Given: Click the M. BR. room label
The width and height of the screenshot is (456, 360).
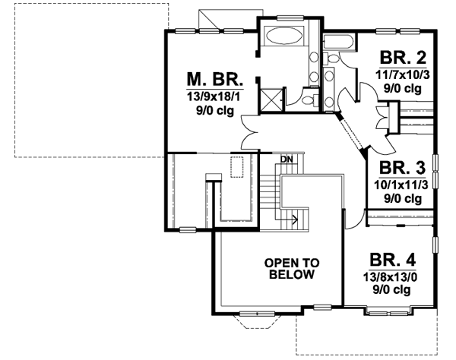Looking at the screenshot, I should point(214,78).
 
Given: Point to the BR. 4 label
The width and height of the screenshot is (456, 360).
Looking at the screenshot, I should point(391,258).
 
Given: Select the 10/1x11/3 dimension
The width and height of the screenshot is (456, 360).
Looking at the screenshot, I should point(401,184).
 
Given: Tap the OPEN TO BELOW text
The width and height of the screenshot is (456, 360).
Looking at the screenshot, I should point(291,269).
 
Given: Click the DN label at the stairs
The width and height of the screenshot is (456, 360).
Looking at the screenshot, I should point(287,159).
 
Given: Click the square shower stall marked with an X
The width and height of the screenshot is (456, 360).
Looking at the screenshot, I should point(271,99).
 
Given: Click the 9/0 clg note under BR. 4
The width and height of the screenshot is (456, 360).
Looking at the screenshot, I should point(391,290).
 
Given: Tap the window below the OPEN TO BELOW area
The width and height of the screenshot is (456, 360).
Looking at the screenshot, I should point(252,313).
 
